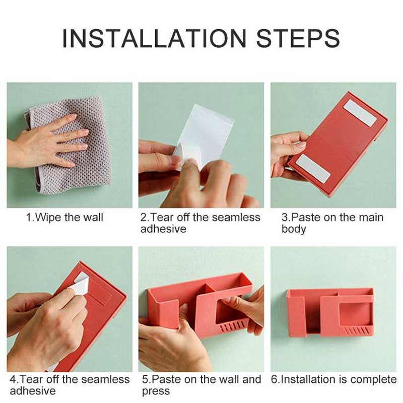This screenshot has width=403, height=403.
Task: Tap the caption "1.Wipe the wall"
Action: [64, 218]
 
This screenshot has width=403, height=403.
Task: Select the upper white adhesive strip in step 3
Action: [360, 112]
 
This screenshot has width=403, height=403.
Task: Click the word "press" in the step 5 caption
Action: [156, 391]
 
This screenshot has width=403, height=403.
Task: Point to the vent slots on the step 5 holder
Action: [234, 327]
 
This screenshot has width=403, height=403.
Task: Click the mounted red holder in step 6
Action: [330, 312]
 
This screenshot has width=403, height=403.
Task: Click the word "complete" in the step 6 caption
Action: [373, 379]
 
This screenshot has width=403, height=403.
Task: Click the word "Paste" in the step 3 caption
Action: [306, 218]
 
